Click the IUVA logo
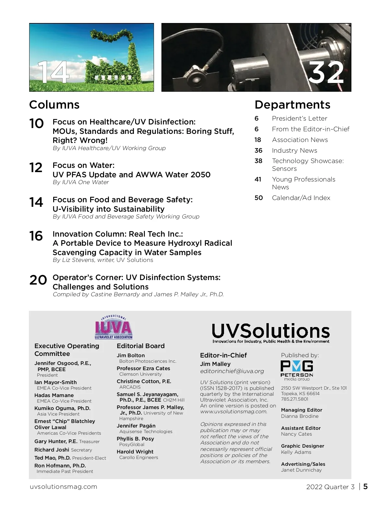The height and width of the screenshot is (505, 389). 114,327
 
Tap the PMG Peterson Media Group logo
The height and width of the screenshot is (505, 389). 297,370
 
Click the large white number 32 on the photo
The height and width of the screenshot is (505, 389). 325,73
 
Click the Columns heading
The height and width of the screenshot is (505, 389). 54,105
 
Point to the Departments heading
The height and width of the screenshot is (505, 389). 292,105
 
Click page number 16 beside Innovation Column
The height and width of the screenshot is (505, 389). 36,236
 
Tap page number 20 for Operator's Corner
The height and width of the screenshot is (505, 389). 38,280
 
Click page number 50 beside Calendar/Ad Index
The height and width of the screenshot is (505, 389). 259,198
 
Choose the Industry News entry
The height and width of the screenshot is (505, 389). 294,150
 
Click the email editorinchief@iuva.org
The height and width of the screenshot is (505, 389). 232,371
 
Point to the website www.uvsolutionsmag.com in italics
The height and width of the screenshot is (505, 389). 233,412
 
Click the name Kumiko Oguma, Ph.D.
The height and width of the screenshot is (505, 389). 62,408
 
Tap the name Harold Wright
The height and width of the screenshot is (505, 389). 135,452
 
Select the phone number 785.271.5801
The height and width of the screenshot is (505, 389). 294,399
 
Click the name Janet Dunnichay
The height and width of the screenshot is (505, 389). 301,470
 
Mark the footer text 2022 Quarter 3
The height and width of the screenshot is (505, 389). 330,487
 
